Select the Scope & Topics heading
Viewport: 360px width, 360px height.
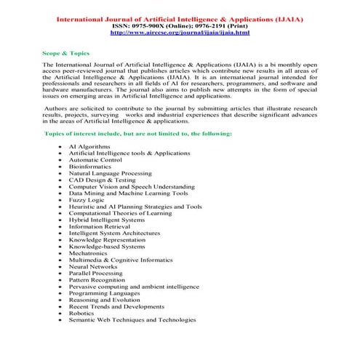point(62,54)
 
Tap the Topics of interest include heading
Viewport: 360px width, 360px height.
point(127,135)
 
